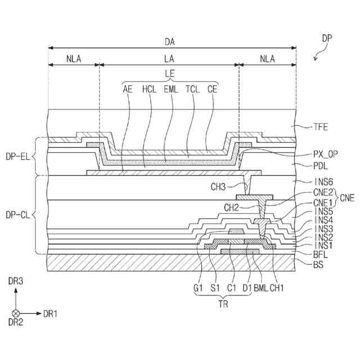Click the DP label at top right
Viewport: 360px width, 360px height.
(327, 39)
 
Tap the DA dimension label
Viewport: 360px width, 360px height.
(169, 42)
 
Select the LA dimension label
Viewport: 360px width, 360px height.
(169, 58)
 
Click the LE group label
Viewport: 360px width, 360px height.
(170, 73)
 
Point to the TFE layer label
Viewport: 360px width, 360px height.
(321, 127)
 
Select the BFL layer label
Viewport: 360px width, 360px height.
(319, 255)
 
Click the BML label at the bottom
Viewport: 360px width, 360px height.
(260, 289)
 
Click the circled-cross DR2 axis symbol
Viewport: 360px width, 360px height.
(15, 313)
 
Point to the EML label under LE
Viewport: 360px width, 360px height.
(170, 88)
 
